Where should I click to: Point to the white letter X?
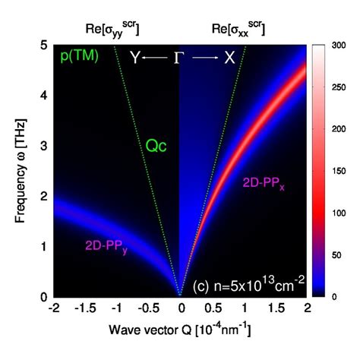pos(229,58)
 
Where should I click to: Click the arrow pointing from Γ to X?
pos(204,58)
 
